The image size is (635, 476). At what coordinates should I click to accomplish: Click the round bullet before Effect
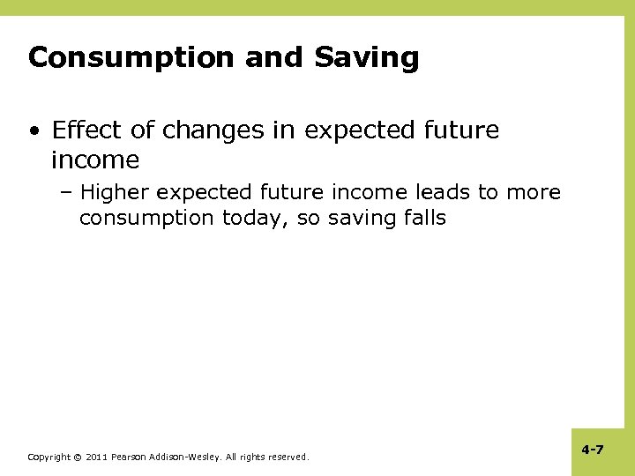(x=34, y=132)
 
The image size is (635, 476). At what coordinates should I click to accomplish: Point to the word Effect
(x=86, y=131)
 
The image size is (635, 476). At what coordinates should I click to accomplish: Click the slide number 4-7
(x=592, y=450)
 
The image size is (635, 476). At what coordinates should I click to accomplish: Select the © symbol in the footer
(x=77, y=457)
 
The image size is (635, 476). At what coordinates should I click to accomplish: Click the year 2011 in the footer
(x=96, y=457)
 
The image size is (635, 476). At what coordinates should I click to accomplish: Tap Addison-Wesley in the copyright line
(x=190, y=457)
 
